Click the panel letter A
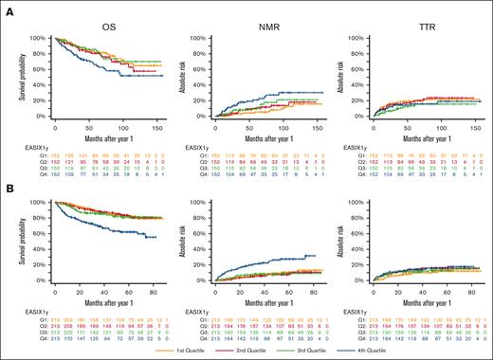coord(7,6)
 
